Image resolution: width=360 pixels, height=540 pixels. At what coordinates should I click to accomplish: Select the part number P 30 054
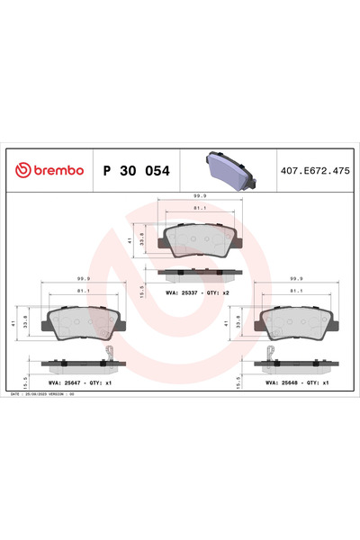(x=134, y=170)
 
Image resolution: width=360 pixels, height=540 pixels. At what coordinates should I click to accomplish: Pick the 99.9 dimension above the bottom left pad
(x=84, y=279)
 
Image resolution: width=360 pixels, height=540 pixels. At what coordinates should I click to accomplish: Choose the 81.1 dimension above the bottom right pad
(x=295, y=292)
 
